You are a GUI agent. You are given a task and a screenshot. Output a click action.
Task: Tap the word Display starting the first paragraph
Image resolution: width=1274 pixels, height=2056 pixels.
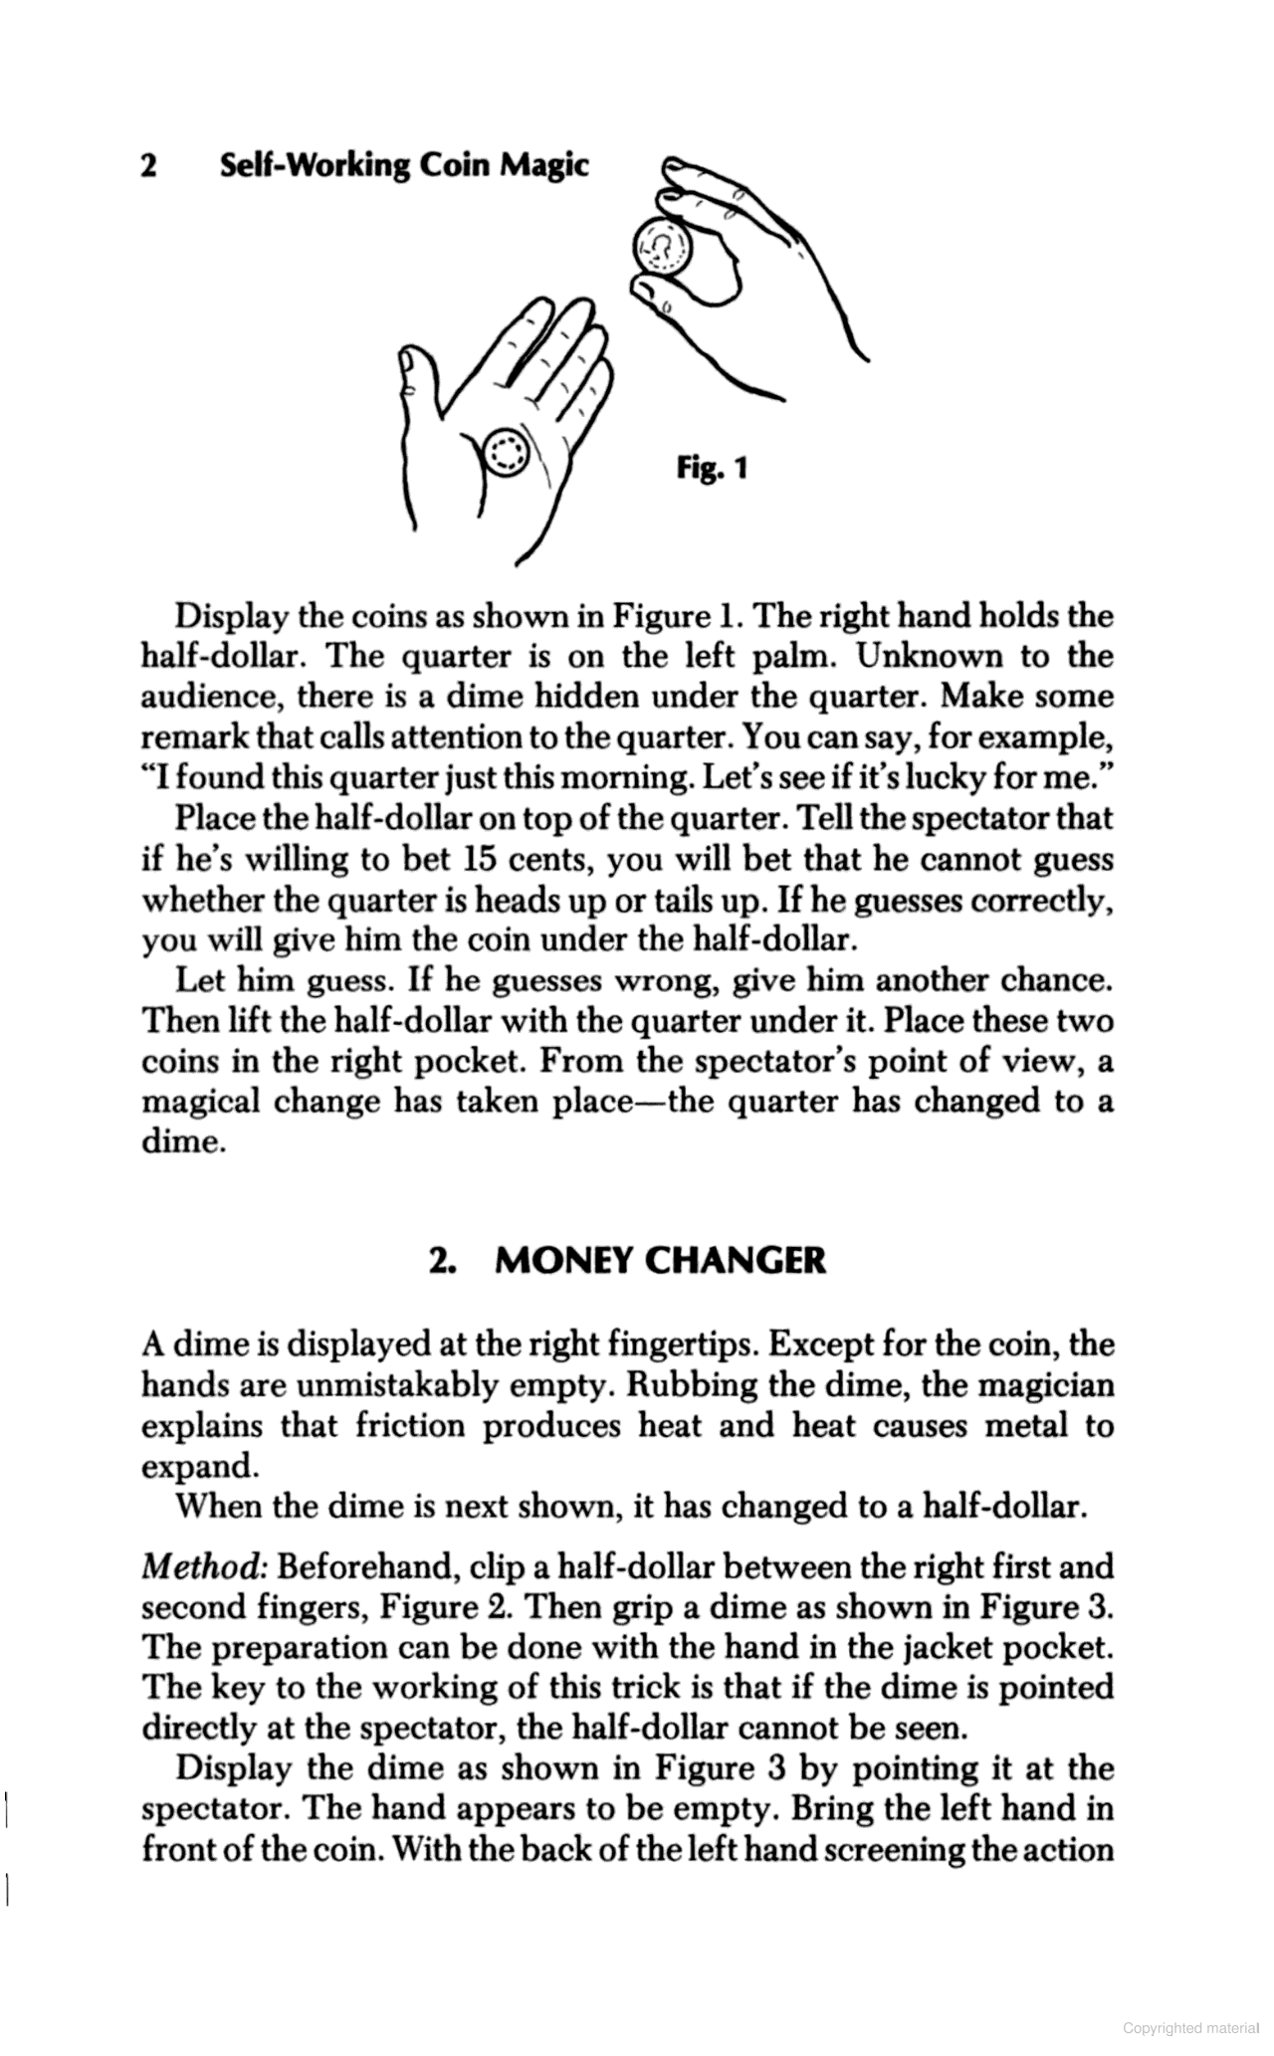click(232, 616)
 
